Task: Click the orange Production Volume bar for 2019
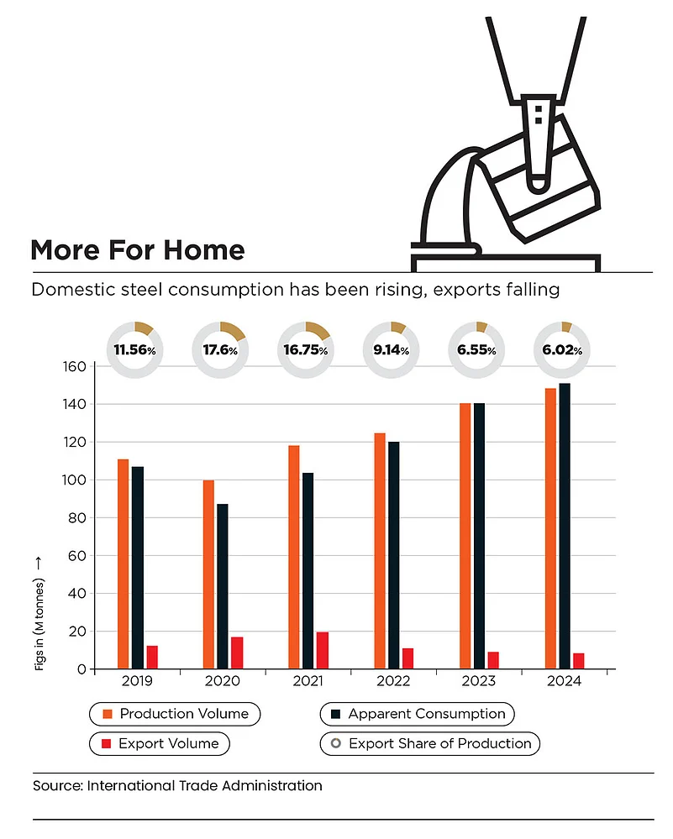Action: [x=124, y=564]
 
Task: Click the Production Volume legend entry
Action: [x=175, y=714]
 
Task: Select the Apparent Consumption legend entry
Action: [x=418, y=714]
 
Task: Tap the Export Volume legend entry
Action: [x=160, y=743]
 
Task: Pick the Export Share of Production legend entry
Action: [x=429, y=743]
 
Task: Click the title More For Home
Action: [x=138, y=249]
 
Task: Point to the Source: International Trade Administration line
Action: [x=177, y=786]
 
